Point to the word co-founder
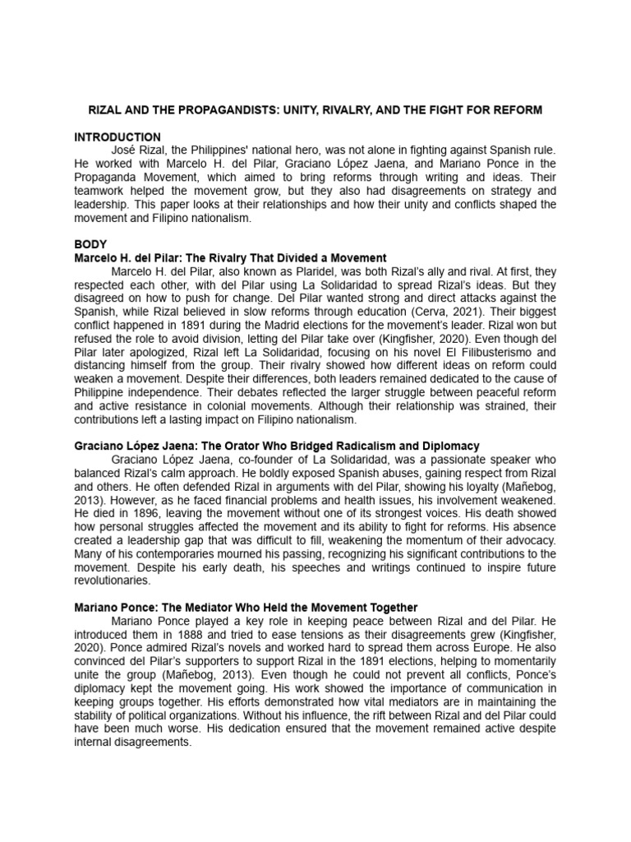tap(257, 459)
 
